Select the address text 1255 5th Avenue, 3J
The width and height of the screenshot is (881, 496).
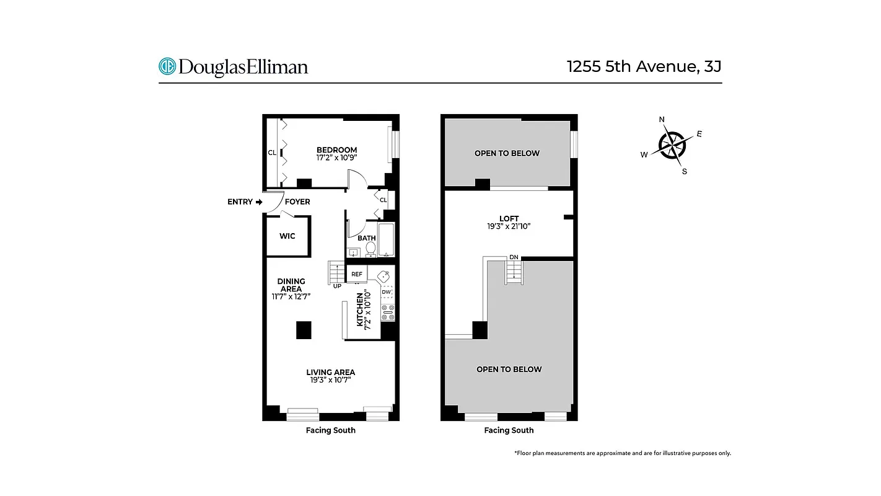[x=644, y=66]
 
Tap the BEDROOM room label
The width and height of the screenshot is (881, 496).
[x=336, y=150]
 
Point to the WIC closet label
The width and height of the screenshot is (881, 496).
[x=287, y=236]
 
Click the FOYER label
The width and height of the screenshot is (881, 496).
[x=297, y=201]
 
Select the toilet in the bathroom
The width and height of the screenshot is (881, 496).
[x=370, y=249]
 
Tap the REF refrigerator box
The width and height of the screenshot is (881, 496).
[x=357, y=274]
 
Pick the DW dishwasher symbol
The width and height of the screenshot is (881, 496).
[x=387, y=291]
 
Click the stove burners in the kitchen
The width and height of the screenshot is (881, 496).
[x=388, y=312]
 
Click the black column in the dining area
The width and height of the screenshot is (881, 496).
[x=304, y=330]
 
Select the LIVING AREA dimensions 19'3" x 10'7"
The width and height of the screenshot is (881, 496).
[x=331, y=380]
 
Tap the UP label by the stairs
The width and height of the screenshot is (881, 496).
[x=337, y=286]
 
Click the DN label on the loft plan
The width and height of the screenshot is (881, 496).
[x=514, y=257]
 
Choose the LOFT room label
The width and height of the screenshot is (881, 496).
[x=509, y=218]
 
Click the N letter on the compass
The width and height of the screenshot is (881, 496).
[x=662, y=120]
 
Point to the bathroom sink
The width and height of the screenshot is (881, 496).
[x=354, y=252]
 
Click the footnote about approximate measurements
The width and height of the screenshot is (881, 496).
[x=623, y=453]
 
